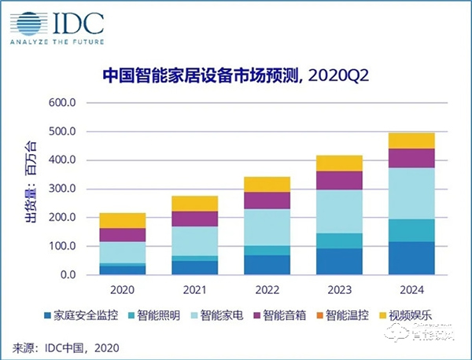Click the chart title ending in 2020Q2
(236, 75)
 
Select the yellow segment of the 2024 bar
(411, 141)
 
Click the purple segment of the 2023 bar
(340, 180)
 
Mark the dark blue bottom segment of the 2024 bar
(411, 258)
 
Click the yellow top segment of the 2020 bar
(122, 221)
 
